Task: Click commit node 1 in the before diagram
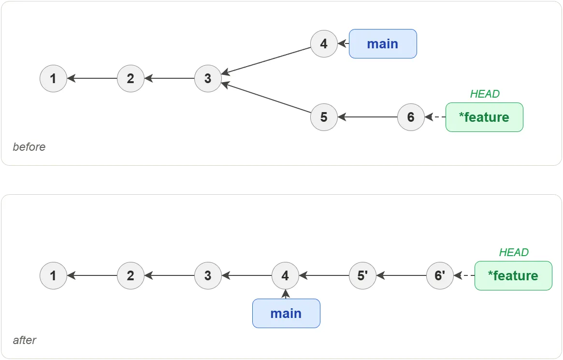point(53,78)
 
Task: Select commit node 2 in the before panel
point(130,78)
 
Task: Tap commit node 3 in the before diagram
point(208,78)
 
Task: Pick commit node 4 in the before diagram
point(324,43)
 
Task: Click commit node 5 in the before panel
point(324,117)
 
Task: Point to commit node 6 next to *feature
point(411,117)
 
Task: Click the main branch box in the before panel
point(383,43)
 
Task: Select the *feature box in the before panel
point(484,117)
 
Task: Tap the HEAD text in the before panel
point(485,94)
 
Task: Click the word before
point(29,147)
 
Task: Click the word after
point(25,340)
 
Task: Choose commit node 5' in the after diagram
point(362,275)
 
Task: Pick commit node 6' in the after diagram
point(440,275)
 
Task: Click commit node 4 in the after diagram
point(285,275)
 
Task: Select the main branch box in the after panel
point(286,313)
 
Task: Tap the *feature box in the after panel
point(513,275)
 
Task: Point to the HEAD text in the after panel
point(514,253)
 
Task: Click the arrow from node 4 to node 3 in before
point(266,61)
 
